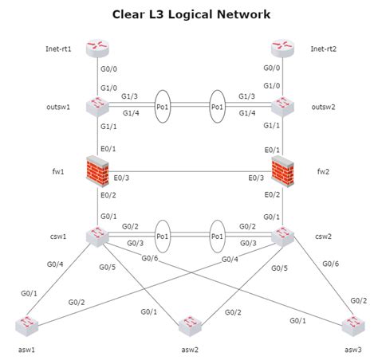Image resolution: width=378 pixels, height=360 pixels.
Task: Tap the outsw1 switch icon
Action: [x=99, y=105]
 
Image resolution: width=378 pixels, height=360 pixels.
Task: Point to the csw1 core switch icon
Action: [x=99, y=237]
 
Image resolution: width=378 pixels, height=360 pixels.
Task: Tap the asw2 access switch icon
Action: [x=191, y=325]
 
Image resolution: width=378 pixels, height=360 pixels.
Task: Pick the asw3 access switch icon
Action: [x=352, y=325]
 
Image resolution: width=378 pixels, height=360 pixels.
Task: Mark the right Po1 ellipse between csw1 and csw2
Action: [x=216, y=237]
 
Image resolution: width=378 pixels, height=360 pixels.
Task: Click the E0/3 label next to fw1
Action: [x=122, y=178]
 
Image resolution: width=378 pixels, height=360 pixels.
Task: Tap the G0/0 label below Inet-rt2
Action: [x=271, y=68]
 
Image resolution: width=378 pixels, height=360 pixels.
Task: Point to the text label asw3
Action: [x=352, y=350]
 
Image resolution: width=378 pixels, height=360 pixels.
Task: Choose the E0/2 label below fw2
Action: [x=271, y=195]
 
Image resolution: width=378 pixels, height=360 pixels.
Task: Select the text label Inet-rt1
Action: [x=58, y=49]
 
